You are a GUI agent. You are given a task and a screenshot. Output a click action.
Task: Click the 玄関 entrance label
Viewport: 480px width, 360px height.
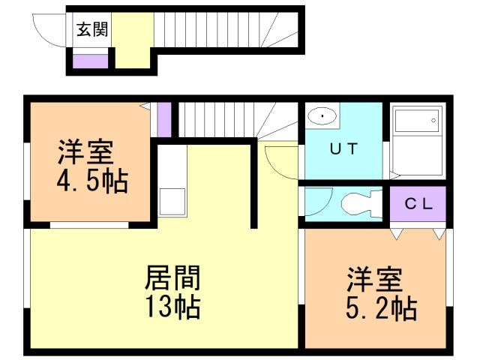coord(92,30)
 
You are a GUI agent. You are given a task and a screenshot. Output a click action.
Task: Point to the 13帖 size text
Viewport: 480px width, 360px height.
coord(172,307)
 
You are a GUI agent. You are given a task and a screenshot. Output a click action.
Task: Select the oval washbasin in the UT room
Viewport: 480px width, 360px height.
coord(323,116)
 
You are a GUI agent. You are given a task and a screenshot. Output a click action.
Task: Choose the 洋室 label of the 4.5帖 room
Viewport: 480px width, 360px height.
coord(86,152)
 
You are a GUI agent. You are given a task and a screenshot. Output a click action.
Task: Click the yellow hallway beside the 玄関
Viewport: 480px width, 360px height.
coord(133,41)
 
